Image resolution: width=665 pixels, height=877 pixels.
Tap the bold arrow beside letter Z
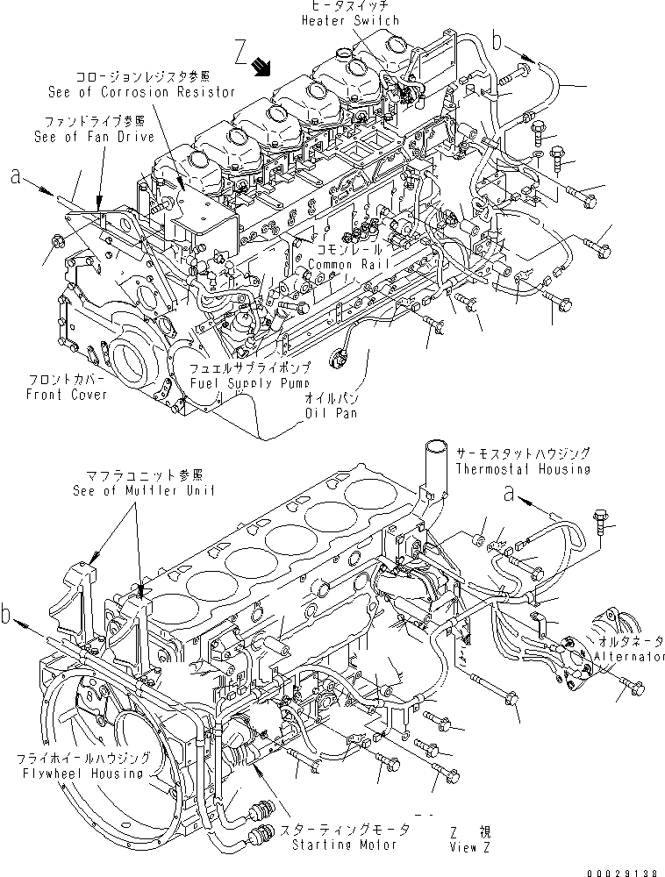(x=261, y=66)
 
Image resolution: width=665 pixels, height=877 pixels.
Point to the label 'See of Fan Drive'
(x=93, y=137)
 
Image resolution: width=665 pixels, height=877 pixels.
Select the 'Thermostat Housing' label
(x=522, y=469)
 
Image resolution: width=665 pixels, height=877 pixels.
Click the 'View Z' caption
(x=464, y=847)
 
